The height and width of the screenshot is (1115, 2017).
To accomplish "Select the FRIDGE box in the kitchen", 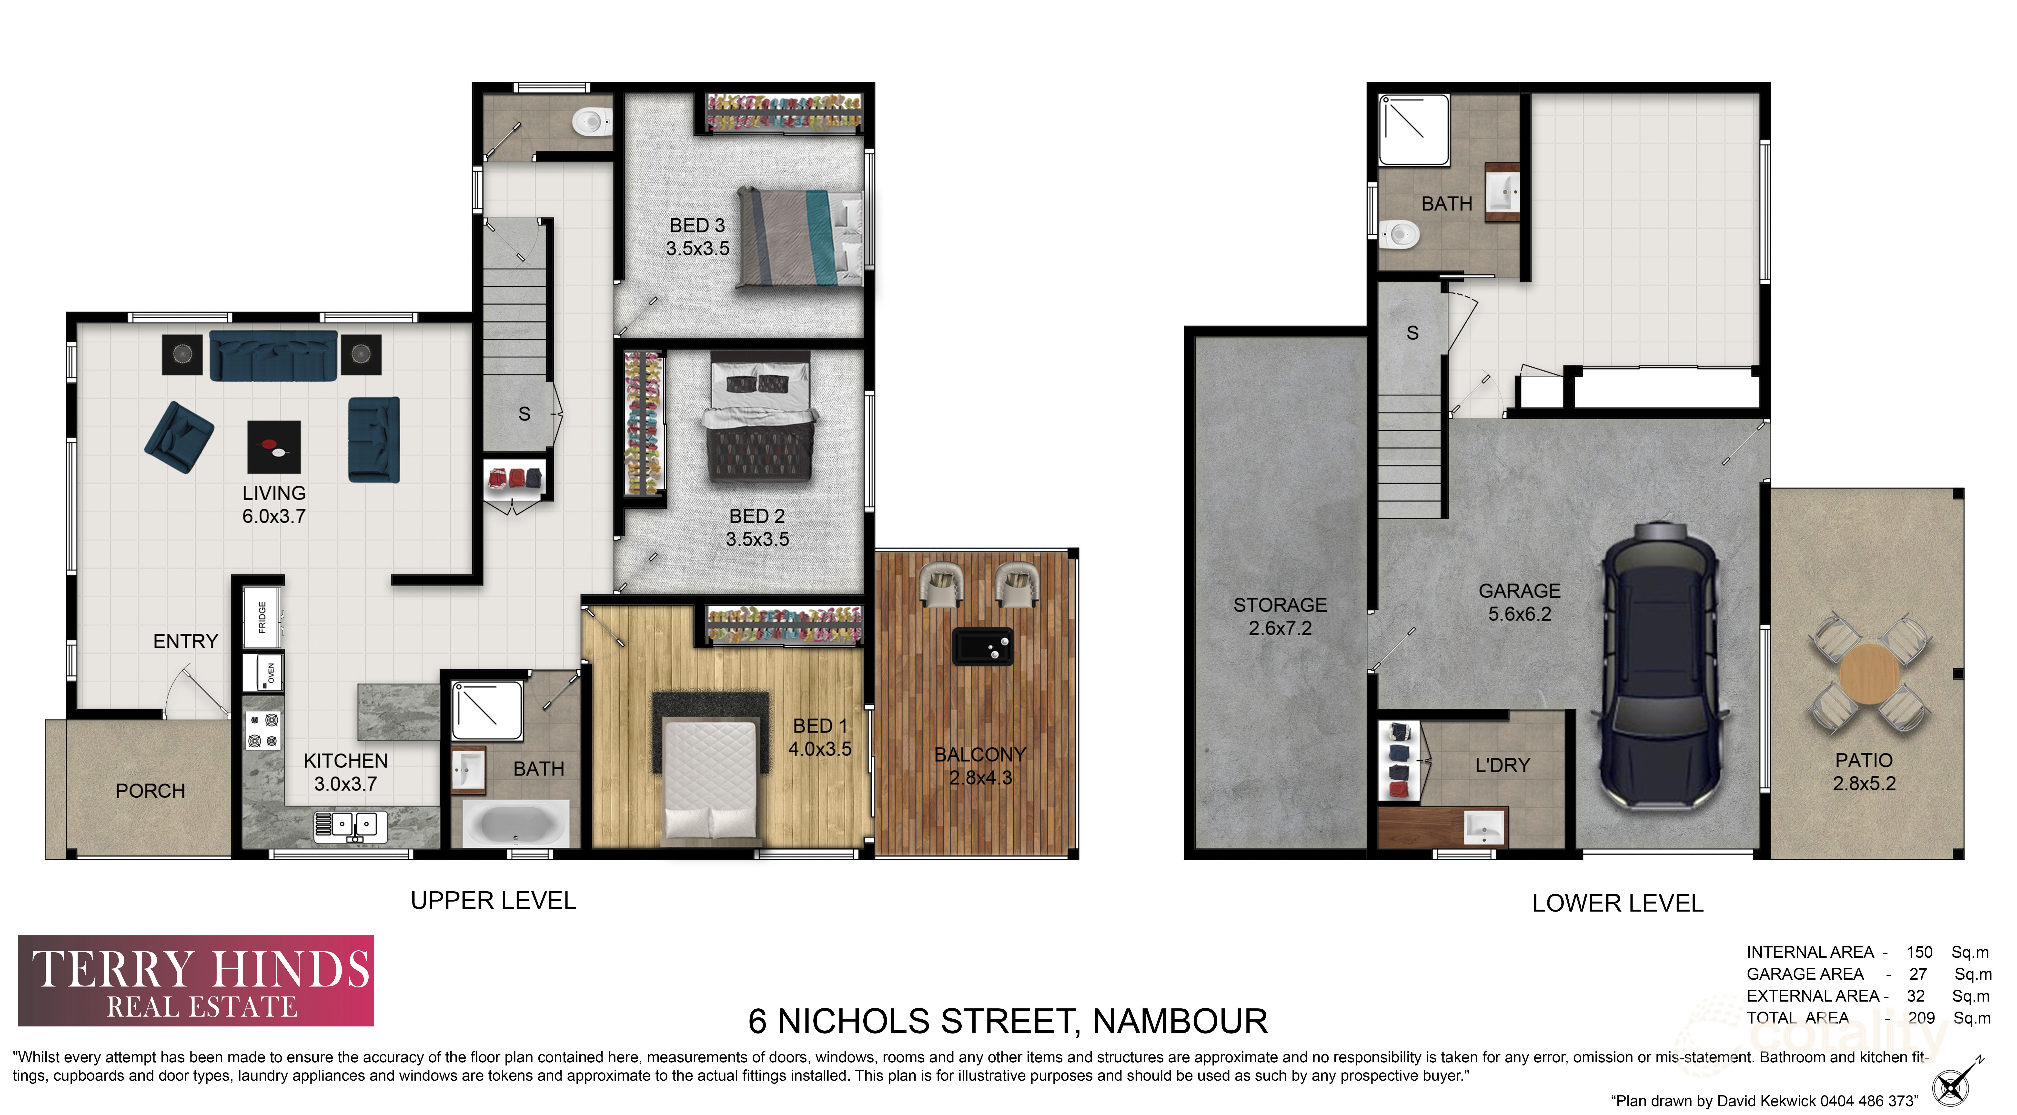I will tap(262, 617).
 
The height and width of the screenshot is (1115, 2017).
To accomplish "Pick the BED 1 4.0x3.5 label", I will tap(819, 737).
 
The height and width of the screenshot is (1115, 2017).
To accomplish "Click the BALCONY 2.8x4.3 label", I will tap(979, 766).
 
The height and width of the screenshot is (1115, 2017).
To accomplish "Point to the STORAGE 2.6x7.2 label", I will tap(1280, 616).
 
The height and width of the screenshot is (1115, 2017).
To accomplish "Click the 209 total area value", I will tap(1921, 1018).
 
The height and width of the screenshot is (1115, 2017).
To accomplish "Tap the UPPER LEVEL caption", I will tap(493, 900).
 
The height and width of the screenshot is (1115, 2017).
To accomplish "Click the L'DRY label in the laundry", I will tap(1502, 765).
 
